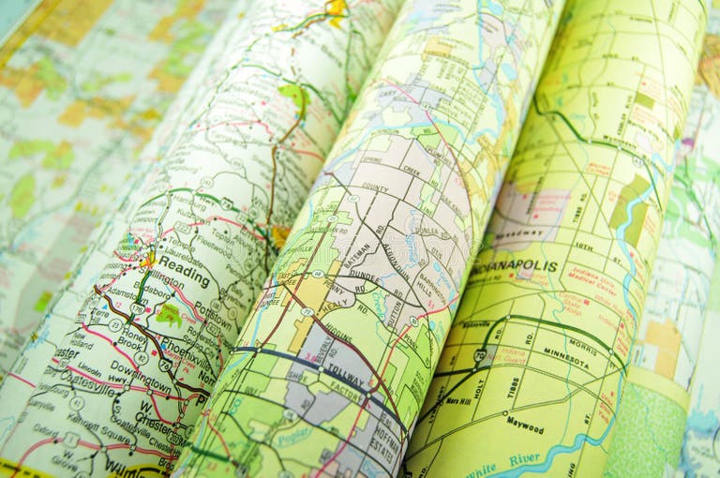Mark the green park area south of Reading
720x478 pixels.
[x=170, y=315]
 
